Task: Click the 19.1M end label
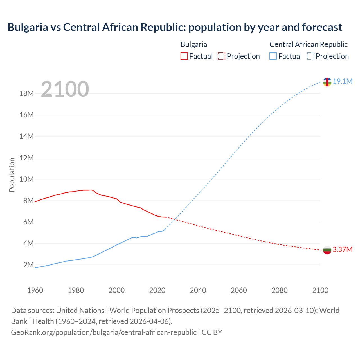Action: click(x=342, y=81)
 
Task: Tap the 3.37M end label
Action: click(x=342, y=249)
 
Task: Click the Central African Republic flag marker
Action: click(x=327, y=82)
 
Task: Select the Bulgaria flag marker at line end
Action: click(x=327, y=250)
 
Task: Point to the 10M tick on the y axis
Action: click(x=26, y=179)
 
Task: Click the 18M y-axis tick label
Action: click(x=26, y=93)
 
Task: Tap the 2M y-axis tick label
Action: click(x=28, y=265)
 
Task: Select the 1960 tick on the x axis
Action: click(x=35, y=290)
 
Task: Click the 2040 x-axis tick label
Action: click(x=198, y=290)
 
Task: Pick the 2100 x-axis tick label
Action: click(x=320, y=290)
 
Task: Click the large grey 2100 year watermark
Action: click(x=65, y=89)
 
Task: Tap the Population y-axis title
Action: click(x=12, y=175)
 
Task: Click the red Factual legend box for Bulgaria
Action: click(x=184, y=56)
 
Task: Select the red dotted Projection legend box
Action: click(x=222, y=56)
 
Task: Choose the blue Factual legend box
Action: click(x=273, y=56)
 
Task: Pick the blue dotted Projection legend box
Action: click(x=310, y=56)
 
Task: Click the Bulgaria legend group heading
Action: click(x=194, y=44)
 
